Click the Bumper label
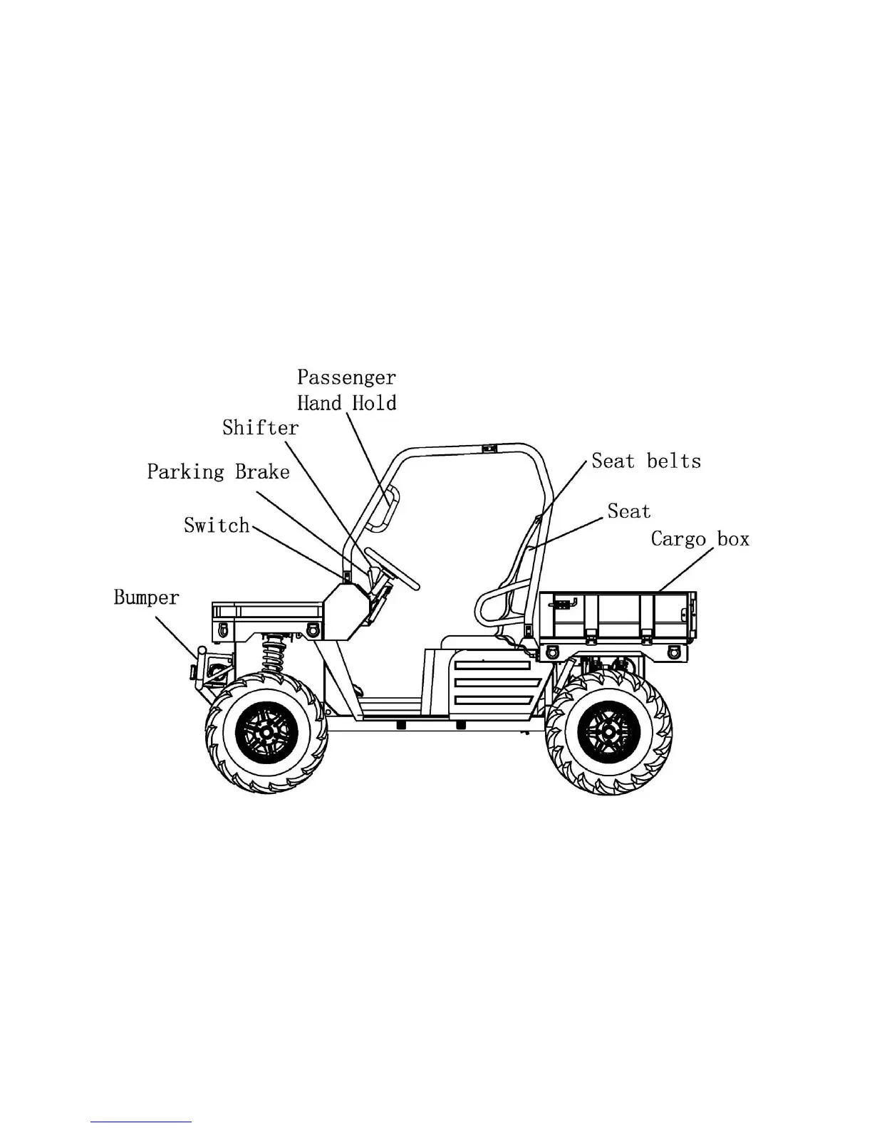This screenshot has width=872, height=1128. tap(146, 597)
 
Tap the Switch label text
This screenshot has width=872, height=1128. tap(217, 526)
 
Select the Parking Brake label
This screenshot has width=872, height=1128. tap(218, 471)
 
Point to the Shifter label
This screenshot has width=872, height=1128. tap(260, 427)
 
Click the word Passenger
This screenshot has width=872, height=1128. tap(346, 377)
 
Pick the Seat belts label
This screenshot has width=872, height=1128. tap(646, 461)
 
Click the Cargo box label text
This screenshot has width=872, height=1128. tap(700, 538)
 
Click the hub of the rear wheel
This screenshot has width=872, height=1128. tap(608, 732)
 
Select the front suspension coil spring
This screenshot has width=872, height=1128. tap(271, 655)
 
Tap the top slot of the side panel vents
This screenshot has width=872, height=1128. tap(492, 665)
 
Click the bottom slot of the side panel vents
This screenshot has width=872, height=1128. tap(491, 701)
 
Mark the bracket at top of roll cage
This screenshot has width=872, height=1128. tap(488, 449)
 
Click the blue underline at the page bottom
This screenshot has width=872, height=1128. tap(141, 1122)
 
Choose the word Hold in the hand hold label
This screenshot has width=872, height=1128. tap(374, 403)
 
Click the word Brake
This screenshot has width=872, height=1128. tap(262, 471)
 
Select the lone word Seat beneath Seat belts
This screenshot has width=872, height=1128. tap(628, 511)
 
